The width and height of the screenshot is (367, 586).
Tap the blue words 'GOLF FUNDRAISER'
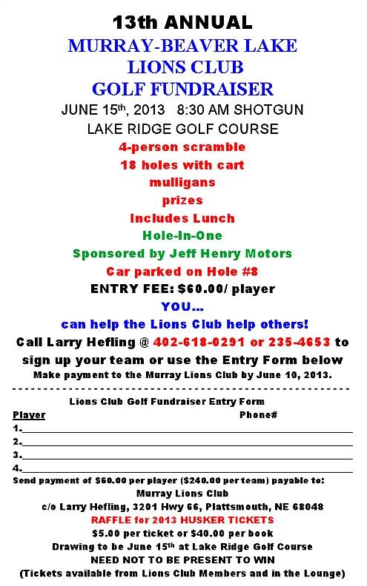(x=182, y=90)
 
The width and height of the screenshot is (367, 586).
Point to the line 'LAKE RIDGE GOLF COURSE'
(x=182, y=129)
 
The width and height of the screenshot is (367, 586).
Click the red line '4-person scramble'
(x=182, y=147)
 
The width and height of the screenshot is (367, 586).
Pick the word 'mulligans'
(x=182, y=183)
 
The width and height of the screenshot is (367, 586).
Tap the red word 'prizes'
(x=182, y=201)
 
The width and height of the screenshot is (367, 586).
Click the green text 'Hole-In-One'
(x=182, y=236)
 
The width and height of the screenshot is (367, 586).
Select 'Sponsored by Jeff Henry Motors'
(x=182, y=254)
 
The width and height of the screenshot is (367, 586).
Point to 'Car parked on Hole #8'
(x=182, y=272)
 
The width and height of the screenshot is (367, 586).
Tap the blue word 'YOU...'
(x=182, y=306)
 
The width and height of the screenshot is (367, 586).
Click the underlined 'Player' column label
(x=29, y=415)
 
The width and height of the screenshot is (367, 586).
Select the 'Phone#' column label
(x=258, y=415)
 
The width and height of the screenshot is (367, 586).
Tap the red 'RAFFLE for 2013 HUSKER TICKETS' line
(x=182, y=520)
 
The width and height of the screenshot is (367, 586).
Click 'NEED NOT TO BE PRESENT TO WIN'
(x=182, y=560)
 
